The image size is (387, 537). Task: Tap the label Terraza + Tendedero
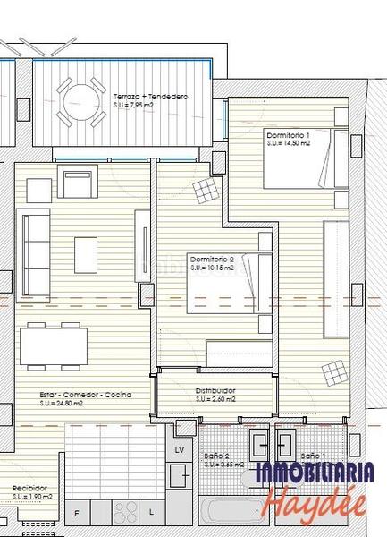150,96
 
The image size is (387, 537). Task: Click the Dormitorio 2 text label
212,260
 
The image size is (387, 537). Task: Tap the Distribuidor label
215,391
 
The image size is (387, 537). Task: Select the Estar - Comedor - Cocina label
87,395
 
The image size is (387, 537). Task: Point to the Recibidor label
29,488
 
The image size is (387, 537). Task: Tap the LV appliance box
180,448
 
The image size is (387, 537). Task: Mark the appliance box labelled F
77,513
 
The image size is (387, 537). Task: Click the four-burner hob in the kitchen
124,512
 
